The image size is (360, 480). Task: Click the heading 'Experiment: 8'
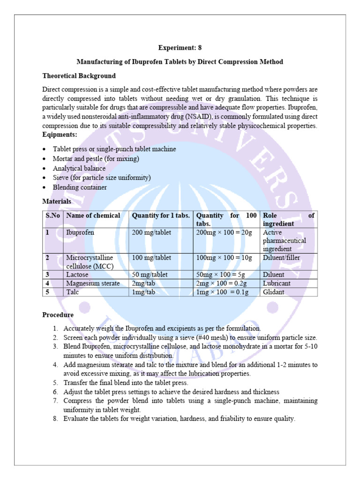(180, 48)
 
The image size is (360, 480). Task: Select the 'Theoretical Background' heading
(79, 75)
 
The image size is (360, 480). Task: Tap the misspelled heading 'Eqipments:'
(60, 135)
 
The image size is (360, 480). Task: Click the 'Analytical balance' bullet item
(79, 168)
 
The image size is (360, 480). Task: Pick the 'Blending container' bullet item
(80, 187)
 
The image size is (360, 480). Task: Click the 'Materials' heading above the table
(57, 201)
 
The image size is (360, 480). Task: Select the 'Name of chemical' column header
(93, 216)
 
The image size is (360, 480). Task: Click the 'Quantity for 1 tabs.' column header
(161, 216)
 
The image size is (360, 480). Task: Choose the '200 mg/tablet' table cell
(152, 232)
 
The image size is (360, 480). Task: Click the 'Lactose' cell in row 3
(77, 275)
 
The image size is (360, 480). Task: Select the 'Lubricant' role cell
(277, 283)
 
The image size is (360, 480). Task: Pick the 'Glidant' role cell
(274, 292)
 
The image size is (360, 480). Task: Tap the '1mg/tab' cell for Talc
(143, 292)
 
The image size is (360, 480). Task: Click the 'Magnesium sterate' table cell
(93, 283)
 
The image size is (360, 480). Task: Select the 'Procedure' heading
(58, 315)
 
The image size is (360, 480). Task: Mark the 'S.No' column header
(53, 216)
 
